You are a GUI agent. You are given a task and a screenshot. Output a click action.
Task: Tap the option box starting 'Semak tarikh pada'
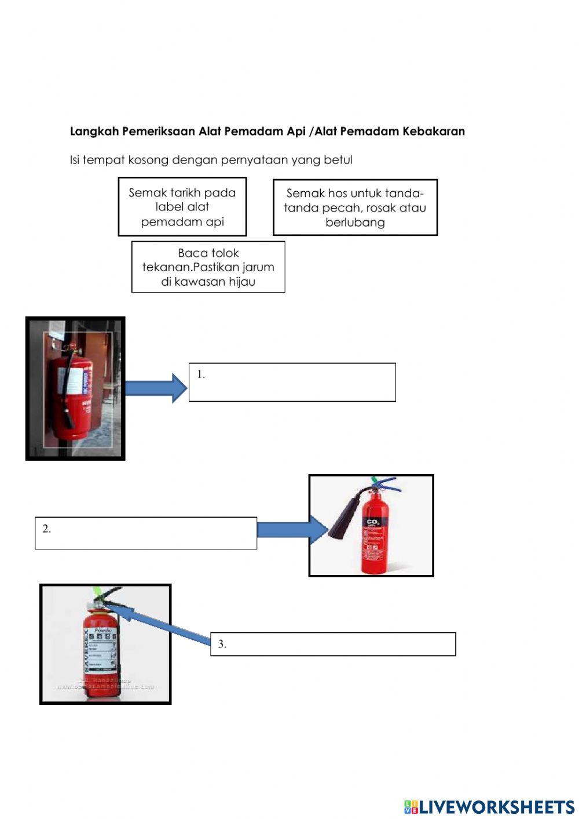click(182, 207)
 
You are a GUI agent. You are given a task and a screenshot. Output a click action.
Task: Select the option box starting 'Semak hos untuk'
click(355, 208)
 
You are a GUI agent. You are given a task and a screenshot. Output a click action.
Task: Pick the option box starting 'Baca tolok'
click(208, 267)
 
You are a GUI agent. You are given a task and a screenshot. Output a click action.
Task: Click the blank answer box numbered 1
click(292, 383)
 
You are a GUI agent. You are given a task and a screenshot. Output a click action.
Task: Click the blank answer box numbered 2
click(146, 533)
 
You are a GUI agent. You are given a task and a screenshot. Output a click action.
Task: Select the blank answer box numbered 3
click(333, 644)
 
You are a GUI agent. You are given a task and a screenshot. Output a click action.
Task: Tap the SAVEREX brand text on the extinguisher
click(87, 653)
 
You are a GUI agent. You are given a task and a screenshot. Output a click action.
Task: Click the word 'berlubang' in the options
click(355, 223)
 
